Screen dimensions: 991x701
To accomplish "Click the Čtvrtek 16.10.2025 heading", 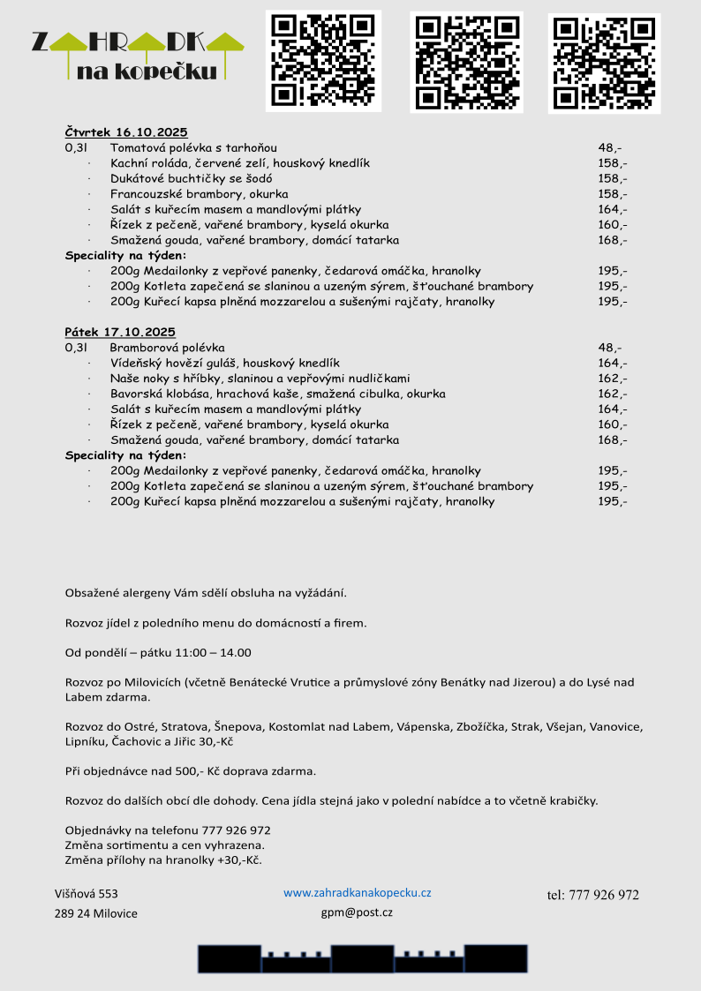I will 126,132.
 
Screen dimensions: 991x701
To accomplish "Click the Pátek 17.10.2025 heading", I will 120,332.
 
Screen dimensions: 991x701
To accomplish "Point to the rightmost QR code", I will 604,64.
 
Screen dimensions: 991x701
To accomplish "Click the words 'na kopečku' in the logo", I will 159,71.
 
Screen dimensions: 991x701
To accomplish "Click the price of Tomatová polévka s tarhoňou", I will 609,148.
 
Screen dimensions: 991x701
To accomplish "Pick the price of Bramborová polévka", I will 609,348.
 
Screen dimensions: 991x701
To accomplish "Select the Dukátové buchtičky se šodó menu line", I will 191,178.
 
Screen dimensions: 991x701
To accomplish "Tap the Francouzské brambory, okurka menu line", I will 199,194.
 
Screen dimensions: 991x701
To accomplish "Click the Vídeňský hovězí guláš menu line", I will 224,363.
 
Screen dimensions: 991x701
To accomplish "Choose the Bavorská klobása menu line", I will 277,394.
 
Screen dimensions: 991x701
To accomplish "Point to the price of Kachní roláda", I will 612,163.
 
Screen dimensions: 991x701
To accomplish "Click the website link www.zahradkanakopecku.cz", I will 357,893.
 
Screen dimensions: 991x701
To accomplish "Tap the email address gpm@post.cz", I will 357,912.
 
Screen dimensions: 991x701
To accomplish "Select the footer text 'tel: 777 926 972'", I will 592,895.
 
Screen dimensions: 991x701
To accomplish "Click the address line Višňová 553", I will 86,894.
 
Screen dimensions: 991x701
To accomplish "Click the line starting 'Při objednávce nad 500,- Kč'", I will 190,771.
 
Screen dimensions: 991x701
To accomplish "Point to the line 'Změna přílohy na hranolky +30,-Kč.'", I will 163,860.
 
